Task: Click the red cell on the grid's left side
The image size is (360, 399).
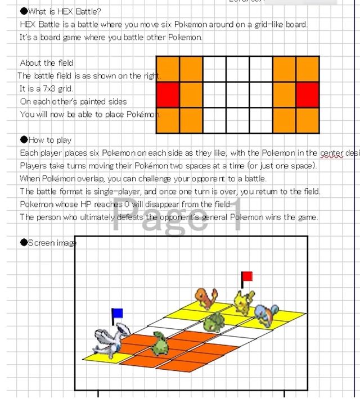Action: tap(168, 94)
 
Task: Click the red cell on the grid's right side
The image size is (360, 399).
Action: tap(308, 94)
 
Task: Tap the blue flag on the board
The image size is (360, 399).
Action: tap(117, 313)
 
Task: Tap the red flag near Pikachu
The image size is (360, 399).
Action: tap(246, 276)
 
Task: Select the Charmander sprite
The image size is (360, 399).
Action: tap(205, 298)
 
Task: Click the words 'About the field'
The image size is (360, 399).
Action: tap(47, 63)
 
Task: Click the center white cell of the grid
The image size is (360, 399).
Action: tap(237, 94)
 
